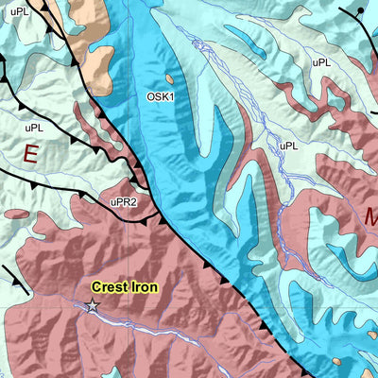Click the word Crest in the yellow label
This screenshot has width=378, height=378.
coord(111,286)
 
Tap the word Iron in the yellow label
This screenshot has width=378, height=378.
coord(144,286)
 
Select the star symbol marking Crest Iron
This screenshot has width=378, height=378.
coord(93,305)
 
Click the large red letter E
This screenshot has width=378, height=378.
coord(32,154)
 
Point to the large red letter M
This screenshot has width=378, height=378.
coord(369,217)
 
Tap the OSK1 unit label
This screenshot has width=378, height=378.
coord(159,96)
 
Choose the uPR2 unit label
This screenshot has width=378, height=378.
coord(124,201)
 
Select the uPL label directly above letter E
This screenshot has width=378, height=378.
coord(34,126)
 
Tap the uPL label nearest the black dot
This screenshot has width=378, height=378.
coord(321,62)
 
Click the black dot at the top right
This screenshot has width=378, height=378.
coord(361,11)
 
